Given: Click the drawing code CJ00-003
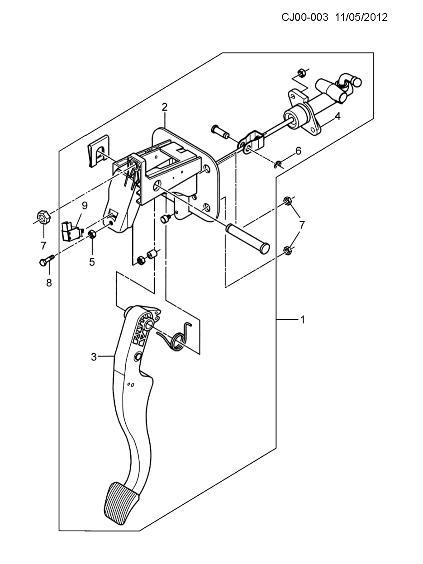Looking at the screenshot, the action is (305, 18).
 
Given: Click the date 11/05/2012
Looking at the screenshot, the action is (361, 18).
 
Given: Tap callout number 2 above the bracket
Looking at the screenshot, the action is (165, 107).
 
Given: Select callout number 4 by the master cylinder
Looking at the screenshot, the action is (337, 116).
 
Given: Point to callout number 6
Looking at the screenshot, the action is (298, 151).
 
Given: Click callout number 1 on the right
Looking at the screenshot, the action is (303, 320).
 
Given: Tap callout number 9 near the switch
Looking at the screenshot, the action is (85, 205).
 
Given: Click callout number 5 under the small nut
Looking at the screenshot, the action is (92, 262).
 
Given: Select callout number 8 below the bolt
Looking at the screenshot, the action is (49, 283).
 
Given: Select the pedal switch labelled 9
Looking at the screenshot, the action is (72, 232).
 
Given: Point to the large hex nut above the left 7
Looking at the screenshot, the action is (43, 217).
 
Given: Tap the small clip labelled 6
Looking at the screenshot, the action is (277, 164).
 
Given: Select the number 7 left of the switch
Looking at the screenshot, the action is (43, 246).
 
